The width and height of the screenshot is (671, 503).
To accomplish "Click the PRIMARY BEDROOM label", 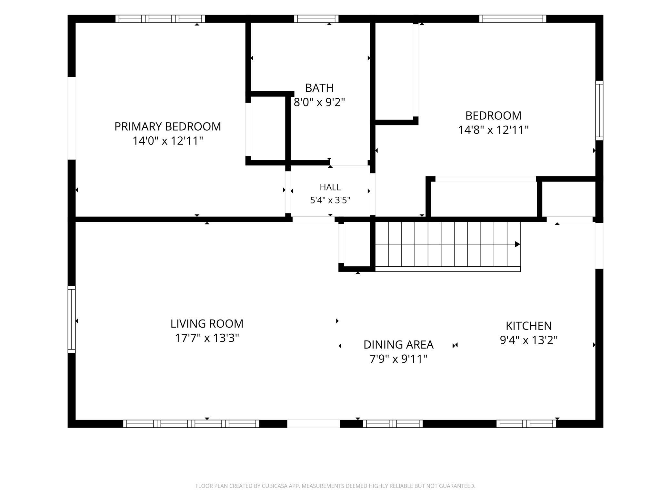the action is pyautogui.click(x=168, y=126).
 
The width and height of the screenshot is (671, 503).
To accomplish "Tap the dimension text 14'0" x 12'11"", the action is pyautogui.click(x=168, y=141).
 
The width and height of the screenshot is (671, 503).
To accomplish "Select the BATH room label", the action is pyautogui.click(x=319, y=88).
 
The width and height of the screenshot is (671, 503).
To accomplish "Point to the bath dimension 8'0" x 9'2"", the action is pyautogui.click(x=319, y=102).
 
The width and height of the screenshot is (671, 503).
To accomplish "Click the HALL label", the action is pyautogui.click(x=330, y=187).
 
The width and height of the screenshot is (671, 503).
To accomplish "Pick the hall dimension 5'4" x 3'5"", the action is pyautogui.click(x=330, y=200).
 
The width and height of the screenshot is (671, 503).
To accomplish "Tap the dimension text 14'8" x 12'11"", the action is pyautogui.click(x=494, y=130).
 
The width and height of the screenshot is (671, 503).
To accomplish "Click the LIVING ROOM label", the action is pyautogui.click(x=207, y=323).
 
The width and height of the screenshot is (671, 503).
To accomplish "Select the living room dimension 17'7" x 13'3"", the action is pyautogui.click(x=207, y=338).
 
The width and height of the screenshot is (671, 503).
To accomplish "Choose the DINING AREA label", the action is pyautogui.click(x=398, y=344).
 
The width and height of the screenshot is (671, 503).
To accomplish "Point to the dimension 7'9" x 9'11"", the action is pyautogui.click(x=398, y=359).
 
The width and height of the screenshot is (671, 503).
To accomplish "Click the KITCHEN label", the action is pyautogui.click(x=529, y=326).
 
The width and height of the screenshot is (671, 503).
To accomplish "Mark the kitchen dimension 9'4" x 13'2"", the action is pyautogui.click(x=529, y=340).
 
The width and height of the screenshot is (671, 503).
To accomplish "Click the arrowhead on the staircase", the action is pyautogui.click(x=517, y=244).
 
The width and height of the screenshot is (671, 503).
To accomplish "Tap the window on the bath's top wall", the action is pyautogui.click(x=316, y=19).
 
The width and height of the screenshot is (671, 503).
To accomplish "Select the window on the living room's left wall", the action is pyautogui.click(x=72, y=319).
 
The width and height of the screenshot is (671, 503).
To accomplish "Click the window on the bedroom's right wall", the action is pyautogui.click(x=599, y=110).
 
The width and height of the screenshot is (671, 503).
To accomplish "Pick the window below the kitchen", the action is pyautogui.click(x=526, y=424).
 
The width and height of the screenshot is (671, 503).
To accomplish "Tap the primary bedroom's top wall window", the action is pyautogui.click(x=160, y=19).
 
